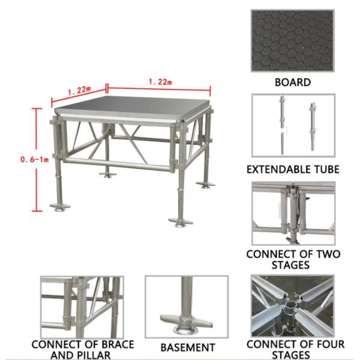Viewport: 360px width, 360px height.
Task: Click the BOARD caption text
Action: [x=292, y=83]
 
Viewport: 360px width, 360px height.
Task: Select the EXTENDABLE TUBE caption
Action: [x=293, y=169]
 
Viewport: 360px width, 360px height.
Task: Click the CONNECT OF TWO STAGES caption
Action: [x=293, y=259]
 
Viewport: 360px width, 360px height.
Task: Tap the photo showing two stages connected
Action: [x=293, y=214]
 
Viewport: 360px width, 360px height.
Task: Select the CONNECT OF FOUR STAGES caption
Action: [x=293, y=350]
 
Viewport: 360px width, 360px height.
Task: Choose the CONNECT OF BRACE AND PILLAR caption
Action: [x=82, y=350]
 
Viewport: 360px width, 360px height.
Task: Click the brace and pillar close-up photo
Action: [x=82, y=306]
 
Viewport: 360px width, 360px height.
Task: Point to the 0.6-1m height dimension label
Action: [x=19, y=160]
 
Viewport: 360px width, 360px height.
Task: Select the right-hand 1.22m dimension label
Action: [x=160, y=82]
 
